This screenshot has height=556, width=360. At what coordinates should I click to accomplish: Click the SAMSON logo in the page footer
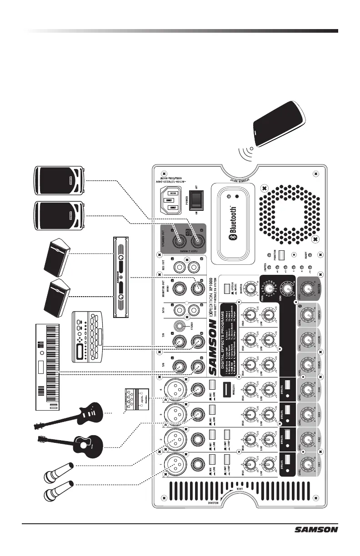coord(316,529)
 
